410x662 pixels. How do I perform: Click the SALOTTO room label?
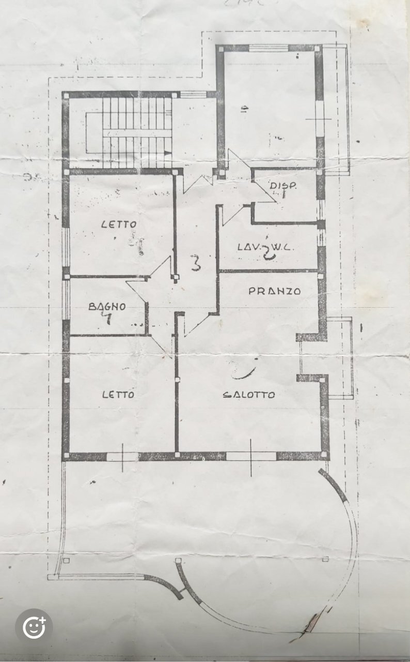pos(248,395)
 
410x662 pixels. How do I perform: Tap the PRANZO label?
pos(274,291)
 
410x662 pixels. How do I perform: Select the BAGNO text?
pos(107,306)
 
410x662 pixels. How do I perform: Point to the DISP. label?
pos(282,186)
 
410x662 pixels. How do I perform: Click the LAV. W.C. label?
pos(265,247)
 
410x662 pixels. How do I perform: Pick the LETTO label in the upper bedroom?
pos(119,224)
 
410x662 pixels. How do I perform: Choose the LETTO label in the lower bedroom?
pos(118,394)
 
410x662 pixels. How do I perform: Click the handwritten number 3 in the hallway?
pos(195,263)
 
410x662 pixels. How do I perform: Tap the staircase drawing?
pos(136,132)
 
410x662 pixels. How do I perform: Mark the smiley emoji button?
pos(34,627)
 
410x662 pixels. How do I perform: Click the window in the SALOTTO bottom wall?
pos(251,456)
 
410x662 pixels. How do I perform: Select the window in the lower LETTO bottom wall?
pos(122,456)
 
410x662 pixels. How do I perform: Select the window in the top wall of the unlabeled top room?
pos(269,49)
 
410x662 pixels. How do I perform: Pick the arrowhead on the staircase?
pos(167,153)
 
